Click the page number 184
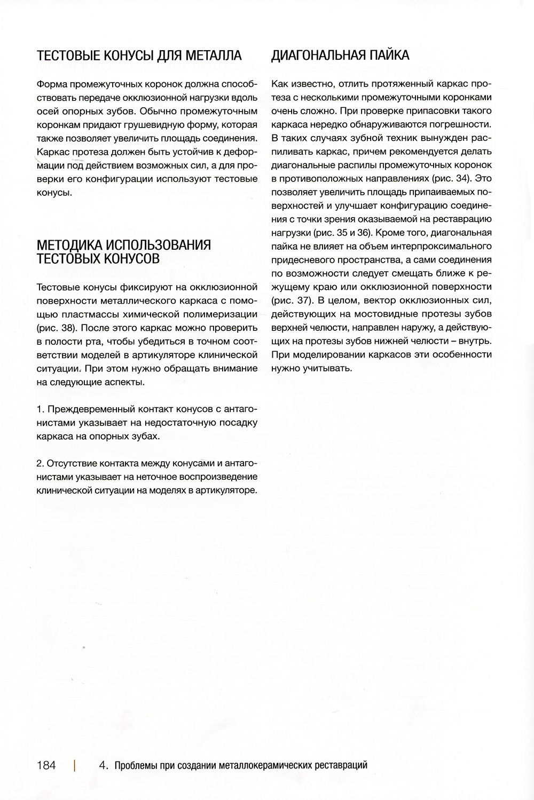point(46,765)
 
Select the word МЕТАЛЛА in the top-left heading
point(214,56)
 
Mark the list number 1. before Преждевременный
point(40,409)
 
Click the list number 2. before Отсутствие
point(41,463)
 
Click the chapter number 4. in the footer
point(105,765)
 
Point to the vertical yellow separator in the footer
point(75,765)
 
